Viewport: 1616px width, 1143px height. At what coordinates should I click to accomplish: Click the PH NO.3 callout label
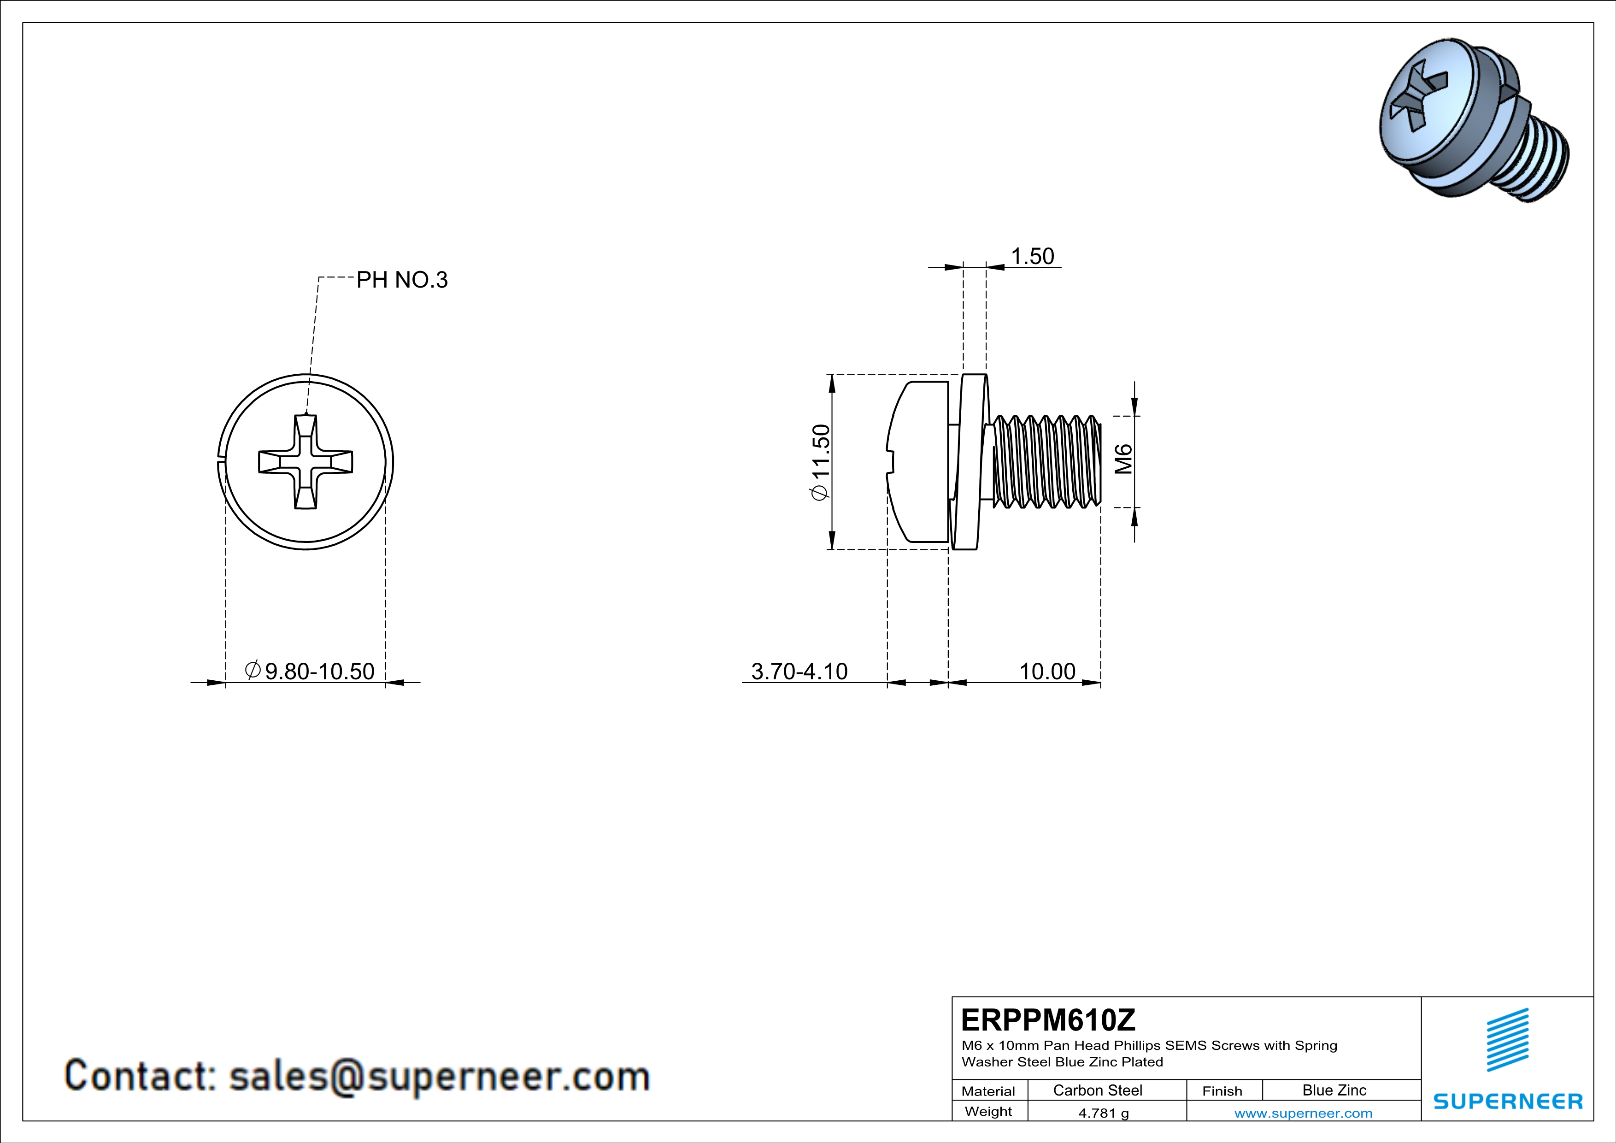pos(402,280)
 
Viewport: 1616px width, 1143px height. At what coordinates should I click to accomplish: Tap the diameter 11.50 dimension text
pos(821,462)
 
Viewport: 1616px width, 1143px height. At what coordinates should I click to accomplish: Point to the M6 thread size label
pos(1124,459)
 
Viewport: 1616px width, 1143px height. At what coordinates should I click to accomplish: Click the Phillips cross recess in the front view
pos(306,462)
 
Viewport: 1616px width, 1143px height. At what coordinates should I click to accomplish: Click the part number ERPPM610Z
pos(1048,1020)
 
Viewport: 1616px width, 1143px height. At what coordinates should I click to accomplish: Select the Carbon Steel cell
pos(1097,1090)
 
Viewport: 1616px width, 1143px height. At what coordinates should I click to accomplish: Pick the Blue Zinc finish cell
pos(1334,1090)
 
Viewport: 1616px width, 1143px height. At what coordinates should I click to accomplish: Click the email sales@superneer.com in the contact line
pos(439,1077)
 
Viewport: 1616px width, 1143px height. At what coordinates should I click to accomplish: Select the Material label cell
pos(988,1091)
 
